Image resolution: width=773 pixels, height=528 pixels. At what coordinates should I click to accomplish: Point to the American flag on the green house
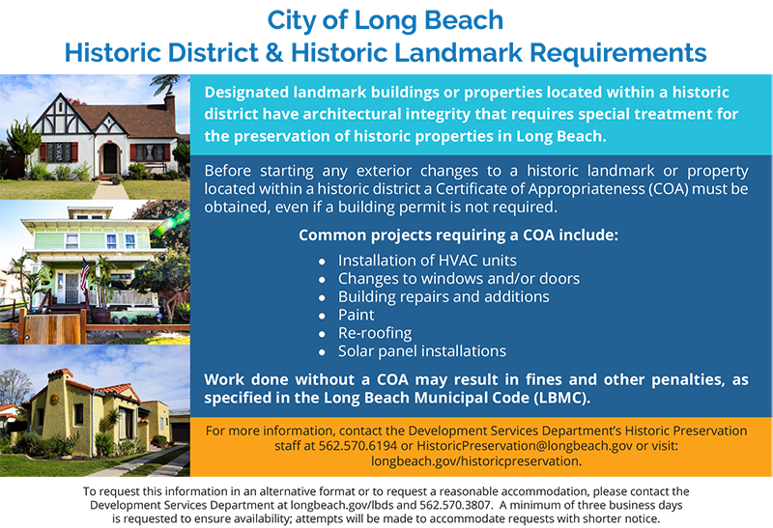84,274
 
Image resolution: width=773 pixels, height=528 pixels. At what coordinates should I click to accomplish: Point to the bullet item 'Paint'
356,315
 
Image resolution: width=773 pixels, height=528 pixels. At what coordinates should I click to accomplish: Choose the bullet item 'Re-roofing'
375,333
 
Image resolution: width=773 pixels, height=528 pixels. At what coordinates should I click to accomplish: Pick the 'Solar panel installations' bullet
421,351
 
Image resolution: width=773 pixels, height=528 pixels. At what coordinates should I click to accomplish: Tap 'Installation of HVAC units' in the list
427,261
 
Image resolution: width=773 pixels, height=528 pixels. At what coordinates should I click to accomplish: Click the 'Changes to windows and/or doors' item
459,279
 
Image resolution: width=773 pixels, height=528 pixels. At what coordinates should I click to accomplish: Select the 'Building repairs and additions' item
444,296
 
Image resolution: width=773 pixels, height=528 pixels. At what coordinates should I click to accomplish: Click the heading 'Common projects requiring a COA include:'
457,235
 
